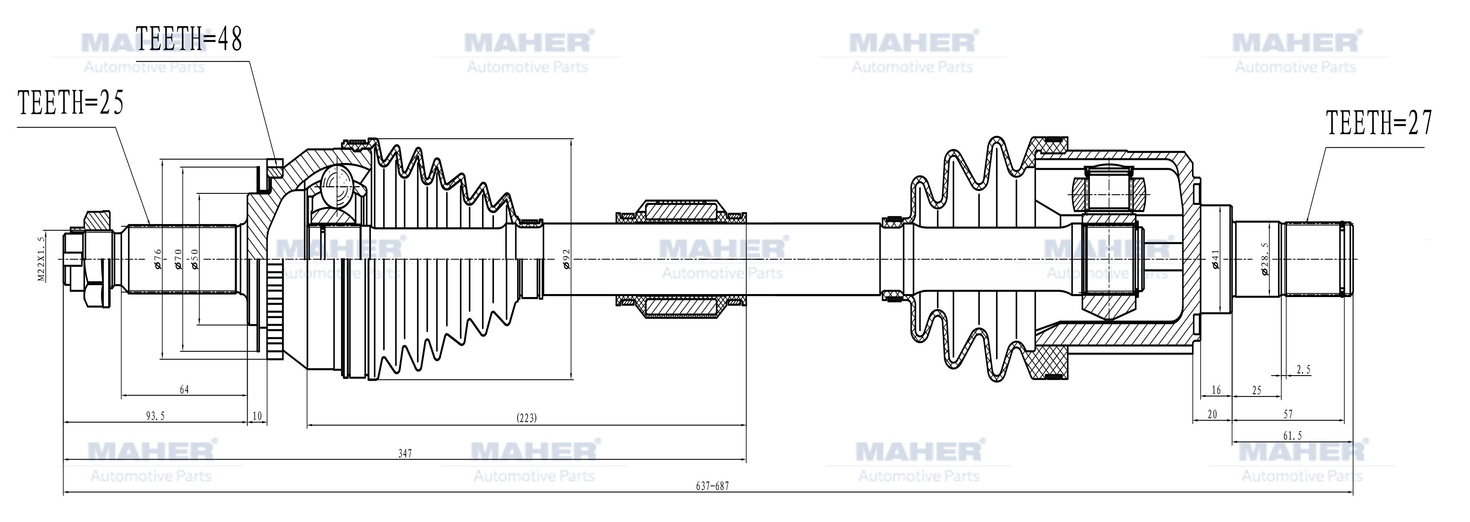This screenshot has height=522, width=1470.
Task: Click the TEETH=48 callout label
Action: (189, 39)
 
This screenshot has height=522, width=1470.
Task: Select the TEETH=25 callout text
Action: (71, 103)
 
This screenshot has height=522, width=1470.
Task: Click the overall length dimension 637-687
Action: (712, 486)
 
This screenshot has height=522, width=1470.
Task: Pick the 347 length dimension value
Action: (405, 454)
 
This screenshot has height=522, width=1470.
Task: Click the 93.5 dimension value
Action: (155, 416)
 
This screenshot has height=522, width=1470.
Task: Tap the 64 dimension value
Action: (184, 390)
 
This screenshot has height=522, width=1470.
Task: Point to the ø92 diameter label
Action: (566, 258)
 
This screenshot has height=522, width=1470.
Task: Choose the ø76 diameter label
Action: (158, 258)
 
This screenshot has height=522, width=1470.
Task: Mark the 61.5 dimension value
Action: (1292, 436)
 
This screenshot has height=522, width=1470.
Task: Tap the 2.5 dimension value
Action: (1303, 370)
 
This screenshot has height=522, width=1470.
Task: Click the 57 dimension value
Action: (1288, 414)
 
